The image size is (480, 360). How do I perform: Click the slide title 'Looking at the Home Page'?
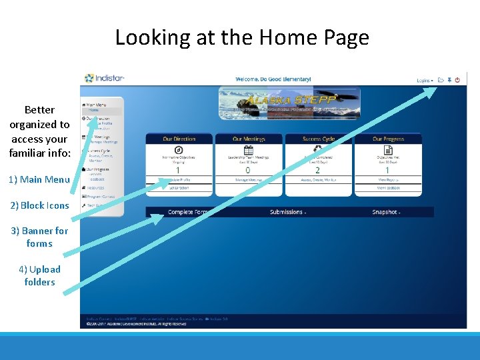tap(241, 37)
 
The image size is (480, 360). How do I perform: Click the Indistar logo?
tap(105, 79)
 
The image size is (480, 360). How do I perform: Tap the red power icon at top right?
tap(457, 80)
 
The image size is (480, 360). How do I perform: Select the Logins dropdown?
tap(425, 80)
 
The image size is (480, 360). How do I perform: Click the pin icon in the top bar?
tap(449, 80)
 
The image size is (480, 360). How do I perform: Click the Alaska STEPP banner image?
tap(289, 103)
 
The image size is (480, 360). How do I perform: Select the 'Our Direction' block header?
tap(179, 139)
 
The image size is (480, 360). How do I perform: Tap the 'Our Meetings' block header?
tap(249, 139)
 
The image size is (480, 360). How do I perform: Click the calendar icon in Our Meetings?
tap(248, 150)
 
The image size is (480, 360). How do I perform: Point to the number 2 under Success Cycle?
tap(317, 171)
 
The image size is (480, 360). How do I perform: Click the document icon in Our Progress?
tap(387, 150)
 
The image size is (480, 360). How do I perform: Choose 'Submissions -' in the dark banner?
tap(287, 212)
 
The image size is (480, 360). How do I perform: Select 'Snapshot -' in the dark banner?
tap(386, 212)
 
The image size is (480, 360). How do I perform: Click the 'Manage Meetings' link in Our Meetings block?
tap(249, 180)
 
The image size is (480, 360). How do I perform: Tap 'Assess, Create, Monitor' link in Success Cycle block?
tap(318, 180)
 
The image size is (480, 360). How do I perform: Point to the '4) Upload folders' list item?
tap(39, 275)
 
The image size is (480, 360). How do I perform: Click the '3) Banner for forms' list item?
tap(39, 237)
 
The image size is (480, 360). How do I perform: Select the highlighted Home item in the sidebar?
tap(95, 110)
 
